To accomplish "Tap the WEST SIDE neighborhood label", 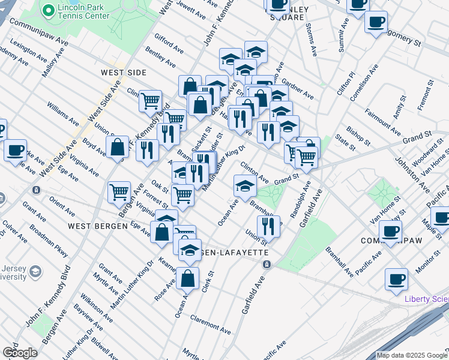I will coord(124,73).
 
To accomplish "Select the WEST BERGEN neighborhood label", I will coord(97,226).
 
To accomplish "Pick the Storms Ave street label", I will coord(311,40).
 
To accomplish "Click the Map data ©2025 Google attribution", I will coord(412,355).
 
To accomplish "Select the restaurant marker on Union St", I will coord(269,226).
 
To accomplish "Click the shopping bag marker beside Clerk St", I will coord(188,278).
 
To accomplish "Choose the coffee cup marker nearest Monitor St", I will coord(396,280).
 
